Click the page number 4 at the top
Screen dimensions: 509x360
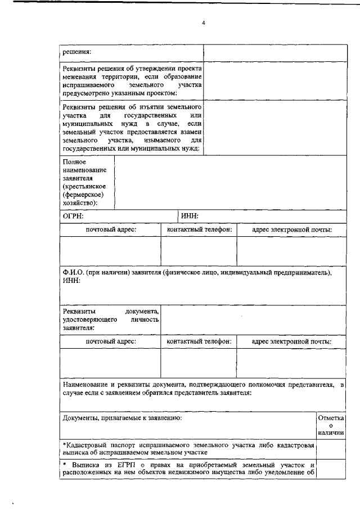(204, 23)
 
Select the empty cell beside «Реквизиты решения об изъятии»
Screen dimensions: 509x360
(274, 128)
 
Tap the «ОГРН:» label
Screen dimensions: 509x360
(73, 216)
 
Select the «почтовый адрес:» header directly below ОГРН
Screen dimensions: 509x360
(111, 229)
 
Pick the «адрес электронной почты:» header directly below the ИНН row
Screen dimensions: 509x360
(291, 229)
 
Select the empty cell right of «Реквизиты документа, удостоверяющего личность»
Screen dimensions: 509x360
(253, 318)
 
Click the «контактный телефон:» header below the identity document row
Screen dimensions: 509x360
(199, 341)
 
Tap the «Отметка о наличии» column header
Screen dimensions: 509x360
(331, 426)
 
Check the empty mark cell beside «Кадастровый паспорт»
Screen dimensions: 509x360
(331, 448)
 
